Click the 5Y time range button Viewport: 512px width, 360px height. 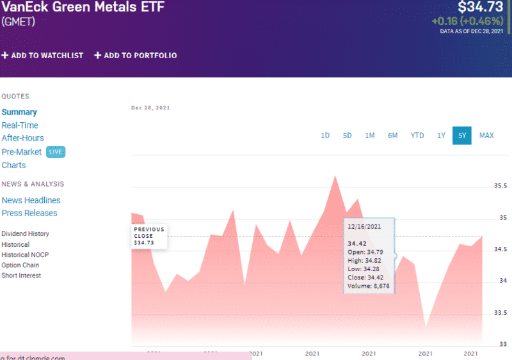click(x=461, y=136)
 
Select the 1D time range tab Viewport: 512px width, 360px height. click(x=325, y=136)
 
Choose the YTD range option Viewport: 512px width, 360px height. click(x=417, y=136)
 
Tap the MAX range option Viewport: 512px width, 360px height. click(x=486, y=136)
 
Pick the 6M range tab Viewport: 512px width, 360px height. click(x=392, y=136)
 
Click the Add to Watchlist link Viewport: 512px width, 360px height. click(x=42, y=56)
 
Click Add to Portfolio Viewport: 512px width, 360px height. click(x=136, y=56)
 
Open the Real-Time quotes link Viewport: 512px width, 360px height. click(x=20, y=125)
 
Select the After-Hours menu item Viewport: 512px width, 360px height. click(x=22, y=138)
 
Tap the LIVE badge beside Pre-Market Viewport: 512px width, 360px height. click(x=56, y=152)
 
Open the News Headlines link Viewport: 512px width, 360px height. click(x=31, y=200)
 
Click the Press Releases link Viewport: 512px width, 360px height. click(x=29, y=213)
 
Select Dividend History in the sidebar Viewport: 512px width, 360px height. click(x=25, y=234)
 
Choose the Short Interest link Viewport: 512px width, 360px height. click(x=21, y=276)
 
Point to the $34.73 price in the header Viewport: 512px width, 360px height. click(x=481, y=7)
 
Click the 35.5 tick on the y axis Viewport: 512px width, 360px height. click(x=500, y=186)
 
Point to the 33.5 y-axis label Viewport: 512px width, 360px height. click(x=500, y=313)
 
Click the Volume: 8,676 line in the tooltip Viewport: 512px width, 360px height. click(x=368, y=286)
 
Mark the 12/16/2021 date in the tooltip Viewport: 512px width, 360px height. click(x=364, y=226)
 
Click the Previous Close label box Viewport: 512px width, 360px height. click(x=149, y=236)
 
